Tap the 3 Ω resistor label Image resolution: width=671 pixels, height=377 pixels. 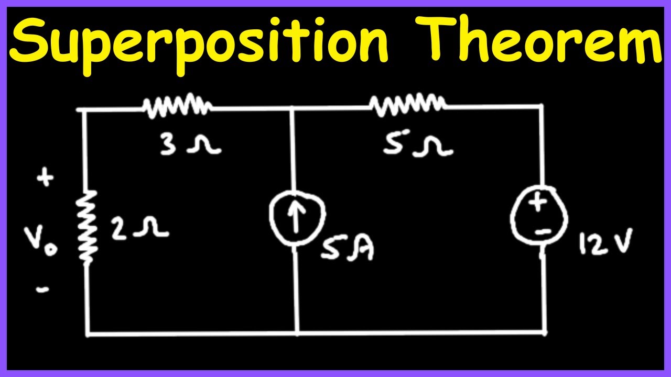191,145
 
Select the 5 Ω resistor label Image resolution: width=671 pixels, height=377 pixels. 418,146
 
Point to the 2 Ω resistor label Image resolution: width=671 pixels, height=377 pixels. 140,229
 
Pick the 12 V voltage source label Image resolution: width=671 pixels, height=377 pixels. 605,243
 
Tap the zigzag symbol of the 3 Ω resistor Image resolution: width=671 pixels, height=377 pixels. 177,106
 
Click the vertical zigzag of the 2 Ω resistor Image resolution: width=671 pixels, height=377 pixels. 87,228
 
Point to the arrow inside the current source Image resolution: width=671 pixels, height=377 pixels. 296,218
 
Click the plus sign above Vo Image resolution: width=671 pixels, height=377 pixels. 45,178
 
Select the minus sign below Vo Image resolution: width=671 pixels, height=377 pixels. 42,289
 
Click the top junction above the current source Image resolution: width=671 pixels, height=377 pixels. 292,108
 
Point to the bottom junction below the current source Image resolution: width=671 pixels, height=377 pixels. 298,332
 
